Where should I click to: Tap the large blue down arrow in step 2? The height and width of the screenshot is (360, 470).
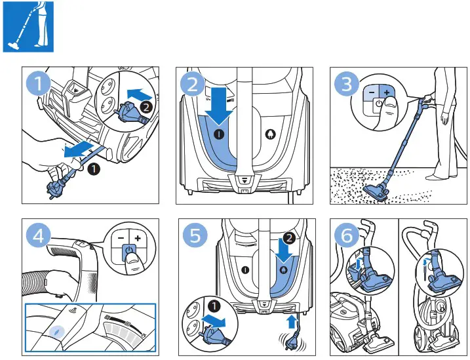click(x=218, y=106)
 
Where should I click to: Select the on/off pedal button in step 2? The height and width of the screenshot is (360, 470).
click(x=218, y=133)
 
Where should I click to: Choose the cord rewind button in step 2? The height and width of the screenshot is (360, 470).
click(x=269, y=133)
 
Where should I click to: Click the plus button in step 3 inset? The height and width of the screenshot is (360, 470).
click(x=387, y=92)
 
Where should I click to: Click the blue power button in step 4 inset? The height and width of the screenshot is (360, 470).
click(x=130, y=250)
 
